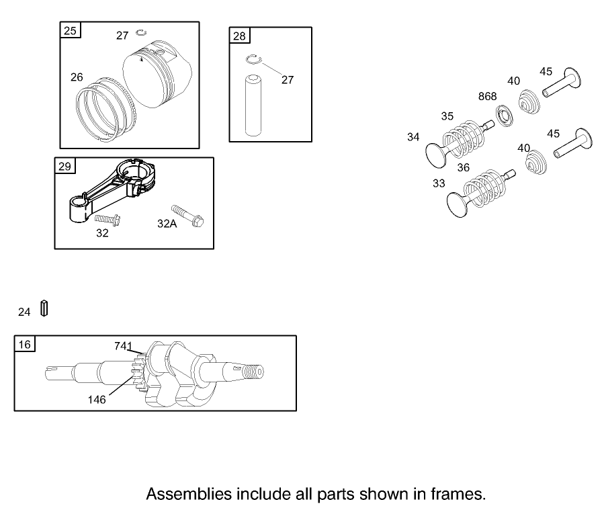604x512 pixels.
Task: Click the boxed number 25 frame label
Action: point(70,30)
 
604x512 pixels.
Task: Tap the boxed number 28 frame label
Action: point(239,36)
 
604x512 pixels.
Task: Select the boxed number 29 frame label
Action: point(64,166)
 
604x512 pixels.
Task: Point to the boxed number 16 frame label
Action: point(25,343)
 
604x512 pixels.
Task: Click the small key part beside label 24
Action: point(44,308)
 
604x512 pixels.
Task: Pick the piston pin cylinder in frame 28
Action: point(253,105)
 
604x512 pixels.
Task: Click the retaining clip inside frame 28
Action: point(253,59)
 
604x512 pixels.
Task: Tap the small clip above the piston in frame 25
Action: point(141,33)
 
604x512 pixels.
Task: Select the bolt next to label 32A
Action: point(187,216)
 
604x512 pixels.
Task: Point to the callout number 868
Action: point(487,96)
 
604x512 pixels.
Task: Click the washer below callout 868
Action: point(505,116)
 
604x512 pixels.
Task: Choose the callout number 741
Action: point(123,346)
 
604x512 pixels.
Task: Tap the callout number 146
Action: point(97,400)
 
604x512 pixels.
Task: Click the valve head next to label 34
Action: point(435,156)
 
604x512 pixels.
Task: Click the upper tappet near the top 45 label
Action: point(562,83)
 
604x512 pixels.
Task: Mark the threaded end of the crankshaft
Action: point(254,372)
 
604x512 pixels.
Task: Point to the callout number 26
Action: point(77,77)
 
